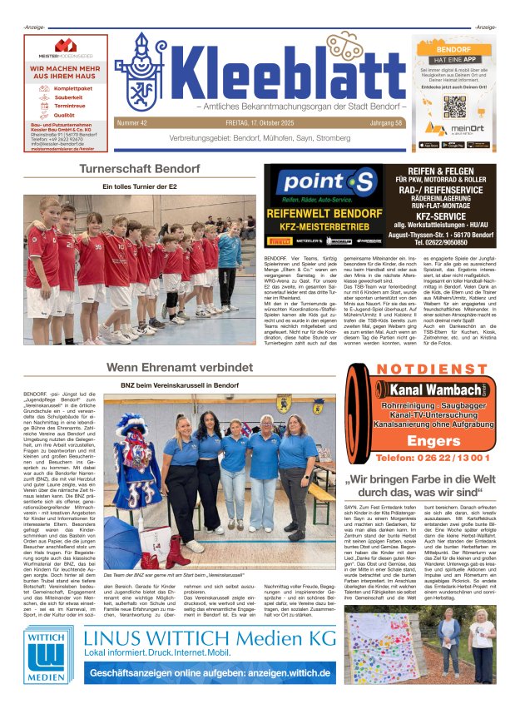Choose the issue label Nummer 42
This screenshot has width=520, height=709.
(133, 123)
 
